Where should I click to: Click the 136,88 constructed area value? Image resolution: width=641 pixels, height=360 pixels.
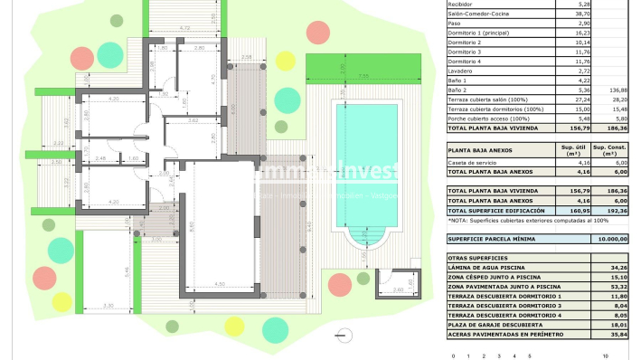(x=618, y=90)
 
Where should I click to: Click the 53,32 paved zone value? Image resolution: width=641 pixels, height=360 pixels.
(x=618, y=287)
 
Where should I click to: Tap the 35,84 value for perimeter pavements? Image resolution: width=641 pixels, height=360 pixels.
(x=618, y=334)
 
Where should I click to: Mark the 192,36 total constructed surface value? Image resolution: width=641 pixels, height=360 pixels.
(x=618, y=210)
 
